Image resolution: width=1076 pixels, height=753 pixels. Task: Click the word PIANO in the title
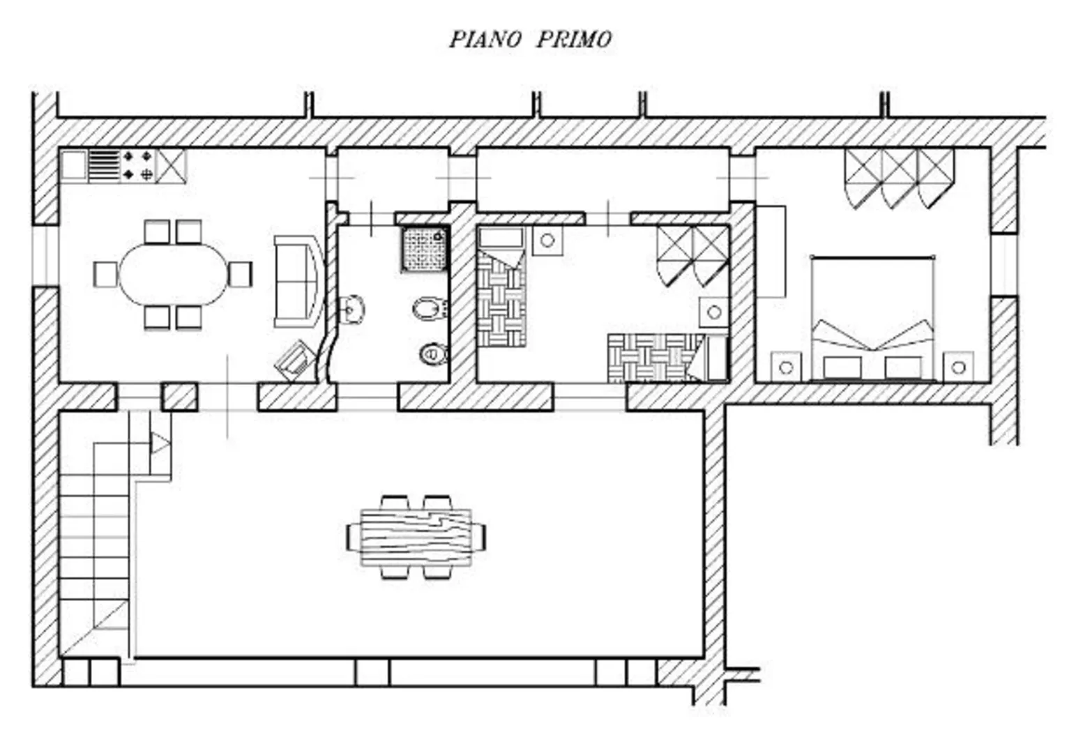pos(485,39)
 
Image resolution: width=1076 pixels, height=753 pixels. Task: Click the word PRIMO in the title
pos(573,39)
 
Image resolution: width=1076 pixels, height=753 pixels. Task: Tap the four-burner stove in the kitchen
pos(137,166)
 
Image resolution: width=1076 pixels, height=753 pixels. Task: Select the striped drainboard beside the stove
pos(104,166)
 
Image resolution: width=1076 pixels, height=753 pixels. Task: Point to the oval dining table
pos(174,274)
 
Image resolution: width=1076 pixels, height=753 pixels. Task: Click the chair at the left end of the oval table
pos(106,274)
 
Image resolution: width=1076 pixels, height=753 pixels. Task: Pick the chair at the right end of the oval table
pos(240,274)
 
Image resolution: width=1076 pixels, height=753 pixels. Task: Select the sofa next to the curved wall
pos(298,282)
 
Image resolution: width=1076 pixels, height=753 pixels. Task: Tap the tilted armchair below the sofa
pos(294,360)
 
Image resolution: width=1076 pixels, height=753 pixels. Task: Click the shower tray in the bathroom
pos(425,249)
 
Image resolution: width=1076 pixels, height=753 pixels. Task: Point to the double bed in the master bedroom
pos(873,319)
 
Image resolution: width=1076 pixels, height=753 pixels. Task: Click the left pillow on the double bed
pos(842,368)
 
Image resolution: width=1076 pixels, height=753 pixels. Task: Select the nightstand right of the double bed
pos(958,367)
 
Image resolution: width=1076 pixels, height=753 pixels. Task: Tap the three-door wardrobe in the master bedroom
pos(900,178)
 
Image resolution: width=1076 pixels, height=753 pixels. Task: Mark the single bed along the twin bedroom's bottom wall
pos(667,358)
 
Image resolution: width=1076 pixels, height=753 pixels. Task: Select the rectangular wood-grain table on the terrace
pos(416,538)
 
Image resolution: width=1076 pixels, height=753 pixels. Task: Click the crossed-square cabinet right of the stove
pos(171,166)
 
